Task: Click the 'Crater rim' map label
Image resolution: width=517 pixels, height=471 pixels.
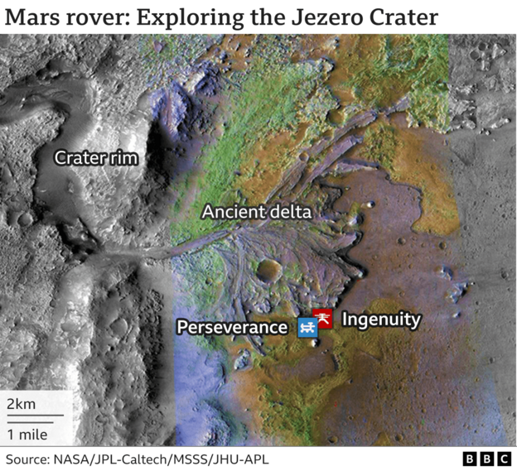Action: pyautogui.click(x=95, y=158)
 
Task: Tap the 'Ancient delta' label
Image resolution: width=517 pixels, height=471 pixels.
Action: pyautogui.click(x=257, y=213)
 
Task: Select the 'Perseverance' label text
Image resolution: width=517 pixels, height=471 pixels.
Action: pyautogui.click(x=232, y=328)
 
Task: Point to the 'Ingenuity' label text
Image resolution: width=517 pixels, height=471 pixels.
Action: pyautogui.click(x=381, y=319)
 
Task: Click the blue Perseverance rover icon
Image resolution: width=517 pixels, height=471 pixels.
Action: pyautogui.click(x=307, y=328)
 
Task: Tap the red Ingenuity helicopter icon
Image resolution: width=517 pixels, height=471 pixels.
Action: pyautogui.click(x=323, y=318)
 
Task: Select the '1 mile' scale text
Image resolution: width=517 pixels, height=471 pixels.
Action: pyautogui.click(x=27, y=434)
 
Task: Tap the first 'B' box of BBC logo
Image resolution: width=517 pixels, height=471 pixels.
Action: pyautogui.click(x=469, y=459)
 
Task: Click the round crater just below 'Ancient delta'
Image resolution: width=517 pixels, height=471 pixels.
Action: pyautogui.click(x=268, y=269)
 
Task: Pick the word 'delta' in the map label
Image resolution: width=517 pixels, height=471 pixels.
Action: pyautogui.click(x=290, y=213)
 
